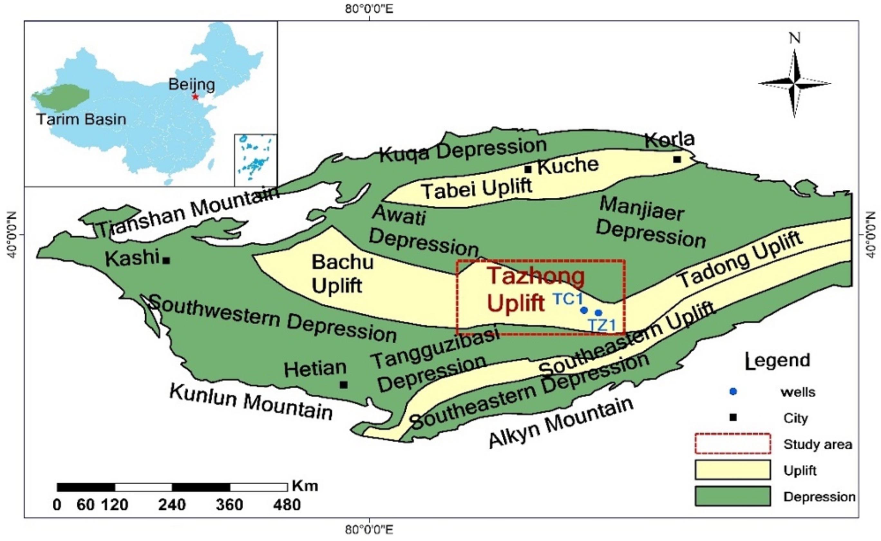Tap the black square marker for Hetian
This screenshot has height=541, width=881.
[343, 384]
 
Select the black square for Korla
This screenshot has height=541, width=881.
[677, 159]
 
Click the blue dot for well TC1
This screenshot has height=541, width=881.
[584, 310]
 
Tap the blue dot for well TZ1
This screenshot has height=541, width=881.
[598, 313]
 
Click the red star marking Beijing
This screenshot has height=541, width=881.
[195, 97]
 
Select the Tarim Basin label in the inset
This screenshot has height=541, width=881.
[81, 119]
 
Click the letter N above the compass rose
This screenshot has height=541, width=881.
[794, 38]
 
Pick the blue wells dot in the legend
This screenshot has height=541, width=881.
[733, 392]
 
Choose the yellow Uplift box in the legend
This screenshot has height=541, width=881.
[733, 470]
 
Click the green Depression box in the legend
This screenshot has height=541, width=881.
[733, 496]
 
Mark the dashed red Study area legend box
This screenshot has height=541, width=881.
[733, 444]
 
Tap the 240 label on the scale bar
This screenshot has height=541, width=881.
[172, 505]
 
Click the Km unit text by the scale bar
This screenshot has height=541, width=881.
[305, 486]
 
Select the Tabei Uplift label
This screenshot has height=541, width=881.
[477, 189]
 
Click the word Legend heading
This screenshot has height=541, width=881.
[778, 361]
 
